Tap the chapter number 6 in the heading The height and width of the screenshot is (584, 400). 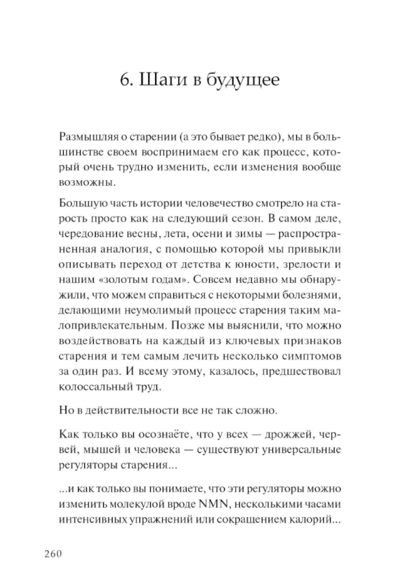124,80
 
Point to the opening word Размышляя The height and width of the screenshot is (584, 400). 86,137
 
